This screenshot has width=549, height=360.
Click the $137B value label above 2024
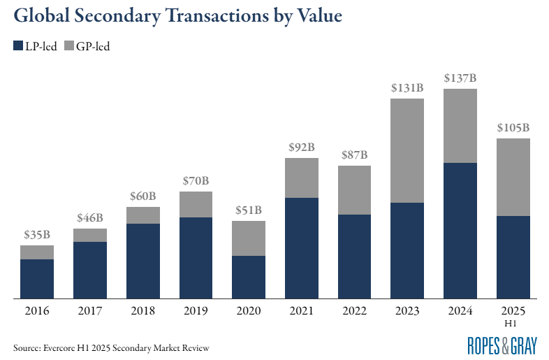click(460, 78)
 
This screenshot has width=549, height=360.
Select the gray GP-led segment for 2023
click(407, 150)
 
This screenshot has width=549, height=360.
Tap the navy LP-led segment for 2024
click(460, 231)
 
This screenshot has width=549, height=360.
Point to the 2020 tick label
click(249, 310)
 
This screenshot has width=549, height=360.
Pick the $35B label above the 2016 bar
click(37, 234)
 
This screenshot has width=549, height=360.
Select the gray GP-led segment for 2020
click(249, 238)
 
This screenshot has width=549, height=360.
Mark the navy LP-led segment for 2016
click(37, 279)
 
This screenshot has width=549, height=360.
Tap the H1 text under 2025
click(513, 322)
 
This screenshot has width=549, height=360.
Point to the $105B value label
click(513, 128)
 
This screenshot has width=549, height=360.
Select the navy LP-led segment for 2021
click(302, 248)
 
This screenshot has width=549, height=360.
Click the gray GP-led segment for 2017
click(90, 235)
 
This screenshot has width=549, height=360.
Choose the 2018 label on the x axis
click(143, 310)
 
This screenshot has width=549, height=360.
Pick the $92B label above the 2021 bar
click(302, 147)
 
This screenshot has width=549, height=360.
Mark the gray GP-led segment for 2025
click(513, 177)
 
